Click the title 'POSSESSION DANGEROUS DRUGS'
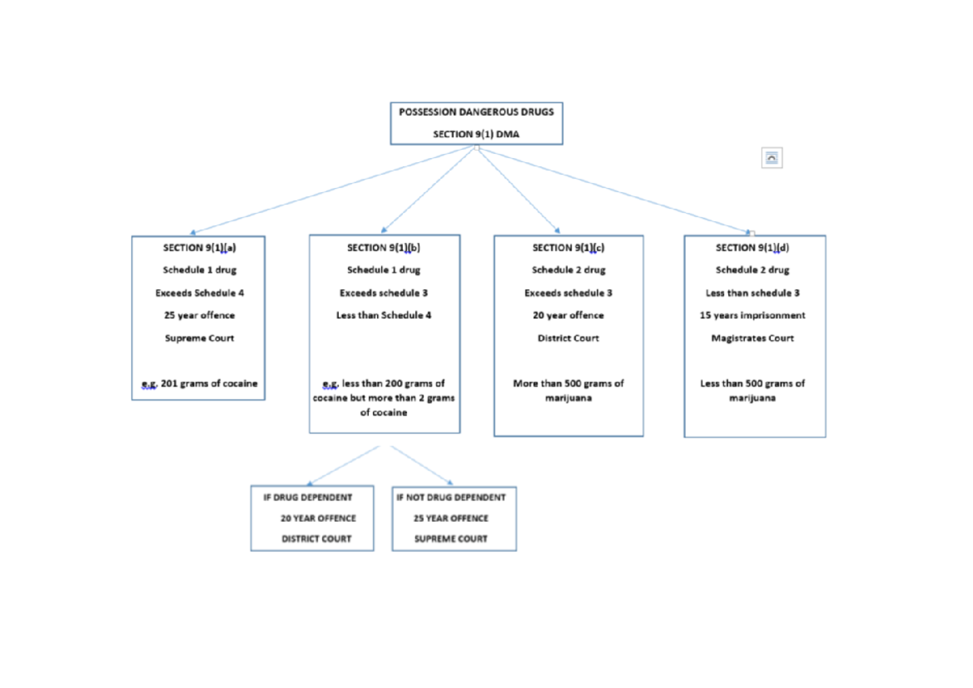pos(476,112)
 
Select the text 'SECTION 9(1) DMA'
pos(476,135)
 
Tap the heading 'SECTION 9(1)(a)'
pos(199,248)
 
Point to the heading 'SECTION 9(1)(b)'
pos(384,248)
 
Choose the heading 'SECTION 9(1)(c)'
pos(568,248)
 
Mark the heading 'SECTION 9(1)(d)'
pos(752,248)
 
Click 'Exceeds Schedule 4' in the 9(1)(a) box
pos(199,293)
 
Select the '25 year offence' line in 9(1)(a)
pos(199,316)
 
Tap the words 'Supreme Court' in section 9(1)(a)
pos(199,339)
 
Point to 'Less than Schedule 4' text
pos(384,316)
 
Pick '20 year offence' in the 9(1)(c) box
pos(568,316)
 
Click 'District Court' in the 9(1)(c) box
pos(568,339)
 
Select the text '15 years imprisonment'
pos(752,316)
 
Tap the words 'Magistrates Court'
pos(752,339)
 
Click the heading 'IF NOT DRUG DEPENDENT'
pos(451,498)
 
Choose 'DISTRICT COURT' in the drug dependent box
pos(316,539)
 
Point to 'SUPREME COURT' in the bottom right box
pos(451,539)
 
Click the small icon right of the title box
pos(772,158)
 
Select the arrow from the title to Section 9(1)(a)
pos(332,190)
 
